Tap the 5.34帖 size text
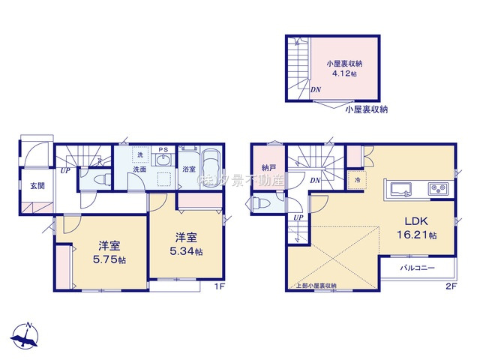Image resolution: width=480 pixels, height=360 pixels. (186, 251)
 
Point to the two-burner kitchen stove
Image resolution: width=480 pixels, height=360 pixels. (436, 188)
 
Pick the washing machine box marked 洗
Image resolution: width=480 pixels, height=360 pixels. (138, 154)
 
